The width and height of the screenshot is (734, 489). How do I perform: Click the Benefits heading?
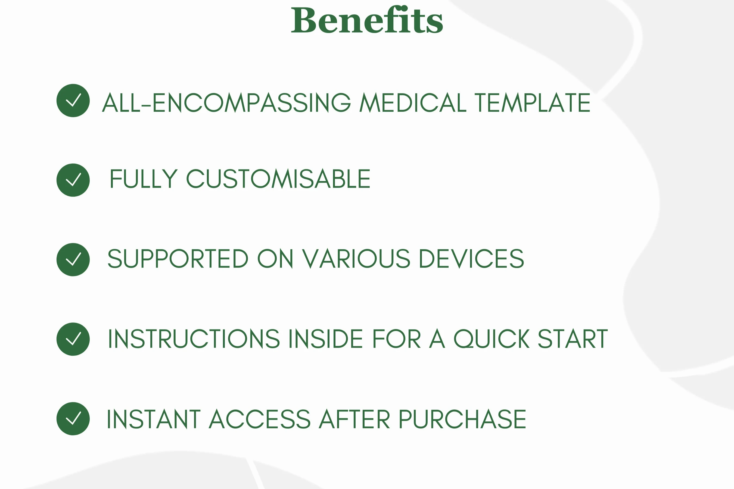[x=367, y=19]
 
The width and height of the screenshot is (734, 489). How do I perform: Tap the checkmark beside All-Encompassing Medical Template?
[x=73, y=101]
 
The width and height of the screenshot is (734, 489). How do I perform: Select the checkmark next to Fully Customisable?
[x=73, y=180]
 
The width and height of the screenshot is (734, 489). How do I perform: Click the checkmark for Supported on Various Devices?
[x=73, y=259]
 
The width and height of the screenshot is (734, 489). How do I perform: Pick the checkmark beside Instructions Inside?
[x=73, y=339]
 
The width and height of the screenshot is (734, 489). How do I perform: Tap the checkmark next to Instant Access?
[x=73, y=419]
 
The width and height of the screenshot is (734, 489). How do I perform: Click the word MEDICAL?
[x=413, y=102]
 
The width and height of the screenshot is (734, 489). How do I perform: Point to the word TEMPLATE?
[x=532, y=102]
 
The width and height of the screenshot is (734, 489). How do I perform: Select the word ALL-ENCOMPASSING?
[x=226, y=102]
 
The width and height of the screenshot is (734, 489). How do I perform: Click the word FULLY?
[x=144, y=179]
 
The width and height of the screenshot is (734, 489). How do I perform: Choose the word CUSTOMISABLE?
[x=278, y=179]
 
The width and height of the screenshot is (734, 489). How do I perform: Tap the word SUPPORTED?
[x=178, y=259]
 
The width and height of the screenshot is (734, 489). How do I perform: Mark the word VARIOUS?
[x=356, y=259]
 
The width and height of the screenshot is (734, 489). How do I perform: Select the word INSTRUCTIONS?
[x=194, y=338]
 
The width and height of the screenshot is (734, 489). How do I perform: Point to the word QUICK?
[x=492, y=339]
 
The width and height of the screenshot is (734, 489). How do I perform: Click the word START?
[x=573, y=338]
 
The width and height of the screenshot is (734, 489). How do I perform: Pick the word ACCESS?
[x=260, y=419]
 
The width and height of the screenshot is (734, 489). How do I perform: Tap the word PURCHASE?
[x=462, y=419]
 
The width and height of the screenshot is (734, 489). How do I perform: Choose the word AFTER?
[x=354, y=419]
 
